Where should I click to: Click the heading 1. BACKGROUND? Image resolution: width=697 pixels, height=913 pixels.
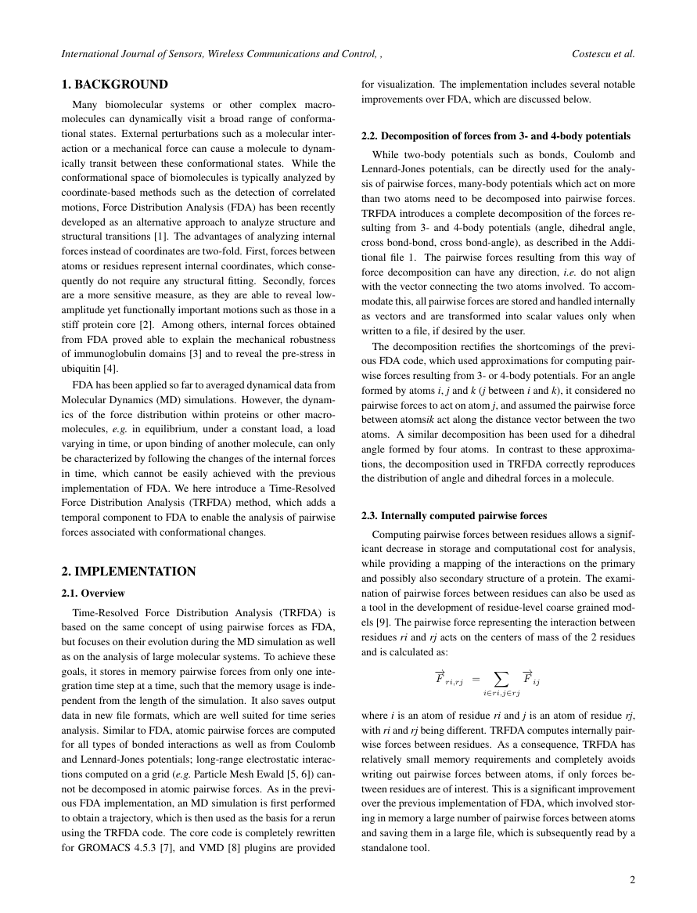click(114, 84)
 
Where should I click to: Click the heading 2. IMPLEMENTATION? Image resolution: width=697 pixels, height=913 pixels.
click(128, 571)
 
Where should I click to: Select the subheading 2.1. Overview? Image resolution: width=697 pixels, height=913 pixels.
click(93, 593)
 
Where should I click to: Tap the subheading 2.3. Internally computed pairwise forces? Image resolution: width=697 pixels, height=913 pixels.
click(454, 515)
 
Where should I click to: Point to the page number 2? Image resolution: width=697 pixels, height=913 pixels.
click(632, 879)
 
